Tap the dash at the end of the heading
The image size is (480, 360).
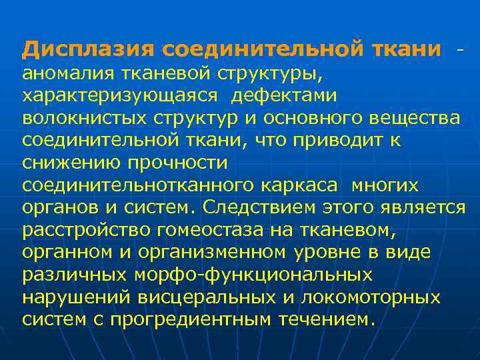(x=459, y=49)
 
